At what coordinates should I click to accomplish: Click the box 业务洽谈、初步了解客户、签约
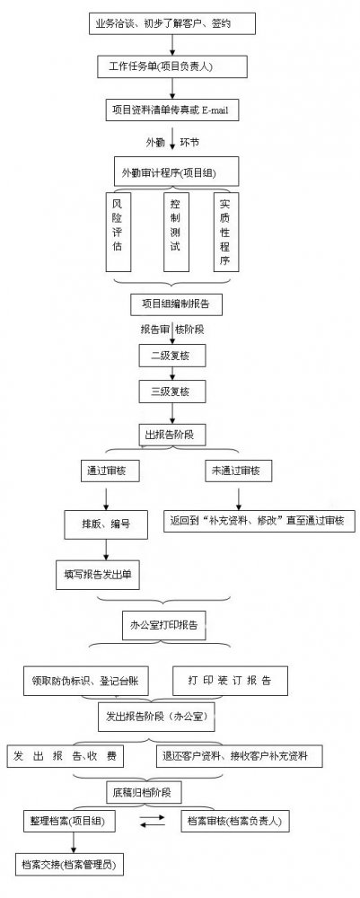coord(172,23)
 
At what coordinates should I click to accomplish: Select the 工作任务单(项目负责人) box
coord(172,66)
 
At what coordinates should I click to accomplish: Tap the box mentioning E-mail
coord(172,110)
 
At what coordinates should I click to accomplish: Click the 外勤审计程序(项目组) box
coord(172,172)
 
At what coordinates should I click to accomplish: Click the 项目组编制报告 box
coord(176,304)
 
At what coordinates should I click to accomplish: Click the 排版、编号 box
coord(106,523)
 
